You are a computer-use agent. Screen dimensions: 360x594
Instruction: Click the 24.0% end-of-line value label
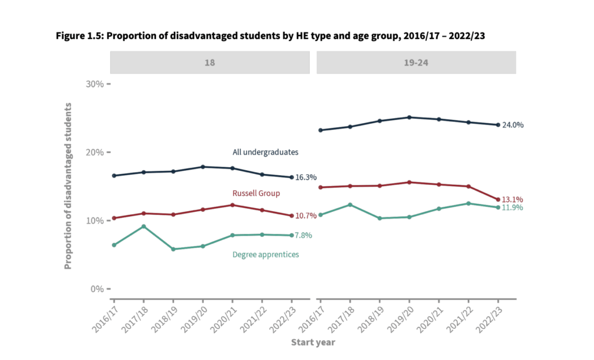click(513, 125)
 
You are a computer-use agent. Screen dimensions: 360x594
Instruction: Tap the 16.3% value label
click(306, 178)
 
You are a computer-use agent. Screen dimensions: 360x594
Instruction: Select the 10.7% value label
click(306, 216)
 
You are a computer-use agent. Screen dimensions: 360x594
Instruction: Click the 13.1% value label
click(513, 200)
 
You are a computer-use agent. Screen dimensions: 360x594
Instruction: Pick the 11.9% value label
click(513, 208)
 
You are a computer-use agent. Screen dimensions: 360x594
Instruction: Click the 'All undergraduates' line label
click(265, 152)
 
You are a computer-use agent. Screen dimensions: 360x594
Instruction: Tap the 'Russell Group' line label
click(256, 193)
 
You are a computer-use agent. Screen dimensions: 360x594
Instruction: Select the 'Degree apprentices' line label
click(266, 254)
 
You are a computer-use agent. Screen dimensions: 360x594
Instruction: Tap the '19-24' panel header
click(416, 62)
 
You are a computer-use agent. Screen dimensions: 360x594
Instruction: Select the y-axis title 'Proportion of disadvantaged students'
click(69, 186)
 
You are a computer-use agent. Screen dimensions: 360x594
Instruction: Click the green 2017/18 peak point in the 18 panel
click(143, 227)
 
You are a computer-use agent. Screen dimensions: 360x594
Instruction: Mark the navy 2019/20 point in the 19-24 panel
click(408, 117)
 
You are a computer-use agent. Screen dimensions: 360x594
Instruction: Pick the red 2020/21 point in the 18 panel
click(232, 204)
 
